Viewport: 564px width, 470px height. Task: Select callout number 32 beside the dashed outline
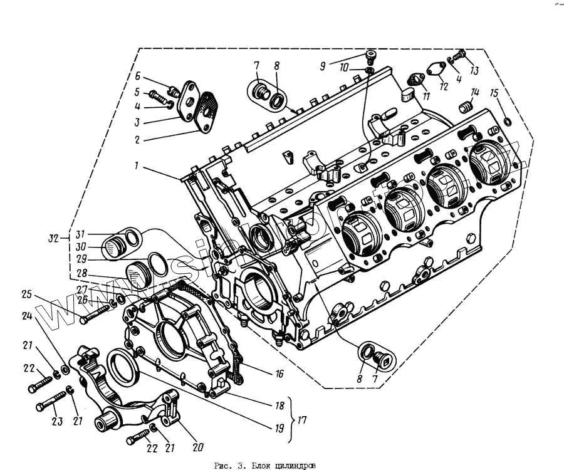[54, 239]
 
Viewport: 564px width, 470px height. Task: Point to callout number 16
[279, 374]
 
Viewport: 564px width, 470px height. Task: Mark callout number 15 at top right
[494, 93]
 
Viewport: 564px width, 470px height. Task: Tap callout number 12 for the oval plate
[444, 86]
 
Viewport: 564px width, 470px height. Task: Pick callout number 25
[26, 293]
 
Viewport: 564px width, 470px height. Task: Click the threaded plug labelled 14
[465, 108]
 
